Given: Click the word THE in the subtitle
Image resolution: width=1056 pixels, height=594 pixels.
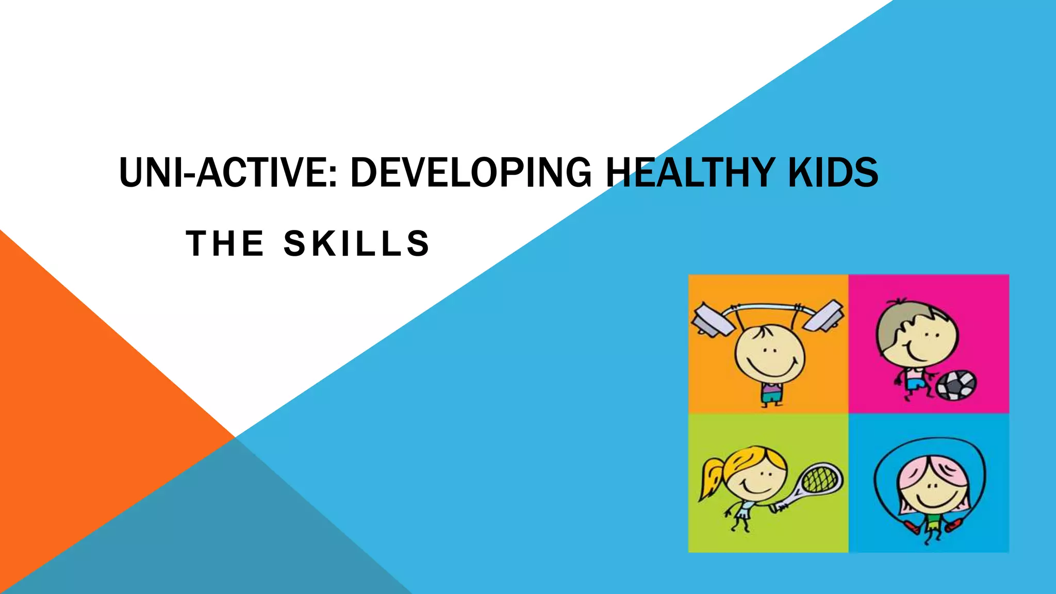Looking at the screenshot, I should click(x=225, y=243).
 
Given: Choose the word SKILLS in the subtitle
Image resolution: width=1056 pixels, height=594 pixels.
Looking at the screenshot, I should click(x=357, y=243).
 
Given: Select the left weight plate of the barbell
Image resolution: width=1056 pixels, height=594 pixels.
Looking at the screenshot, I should click(x=713, y=320).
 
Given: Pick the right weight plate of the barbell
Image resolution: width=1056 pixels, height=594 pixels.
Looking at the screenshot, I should click(x=824, y=315).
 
